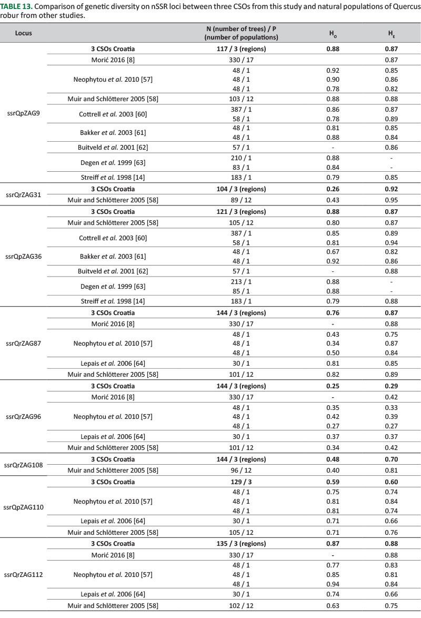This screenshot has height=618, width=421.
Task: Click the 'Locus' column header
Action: (x=24, y=33)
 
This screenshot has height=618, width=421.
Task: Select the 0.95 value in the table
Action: (x=390, y=199)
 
